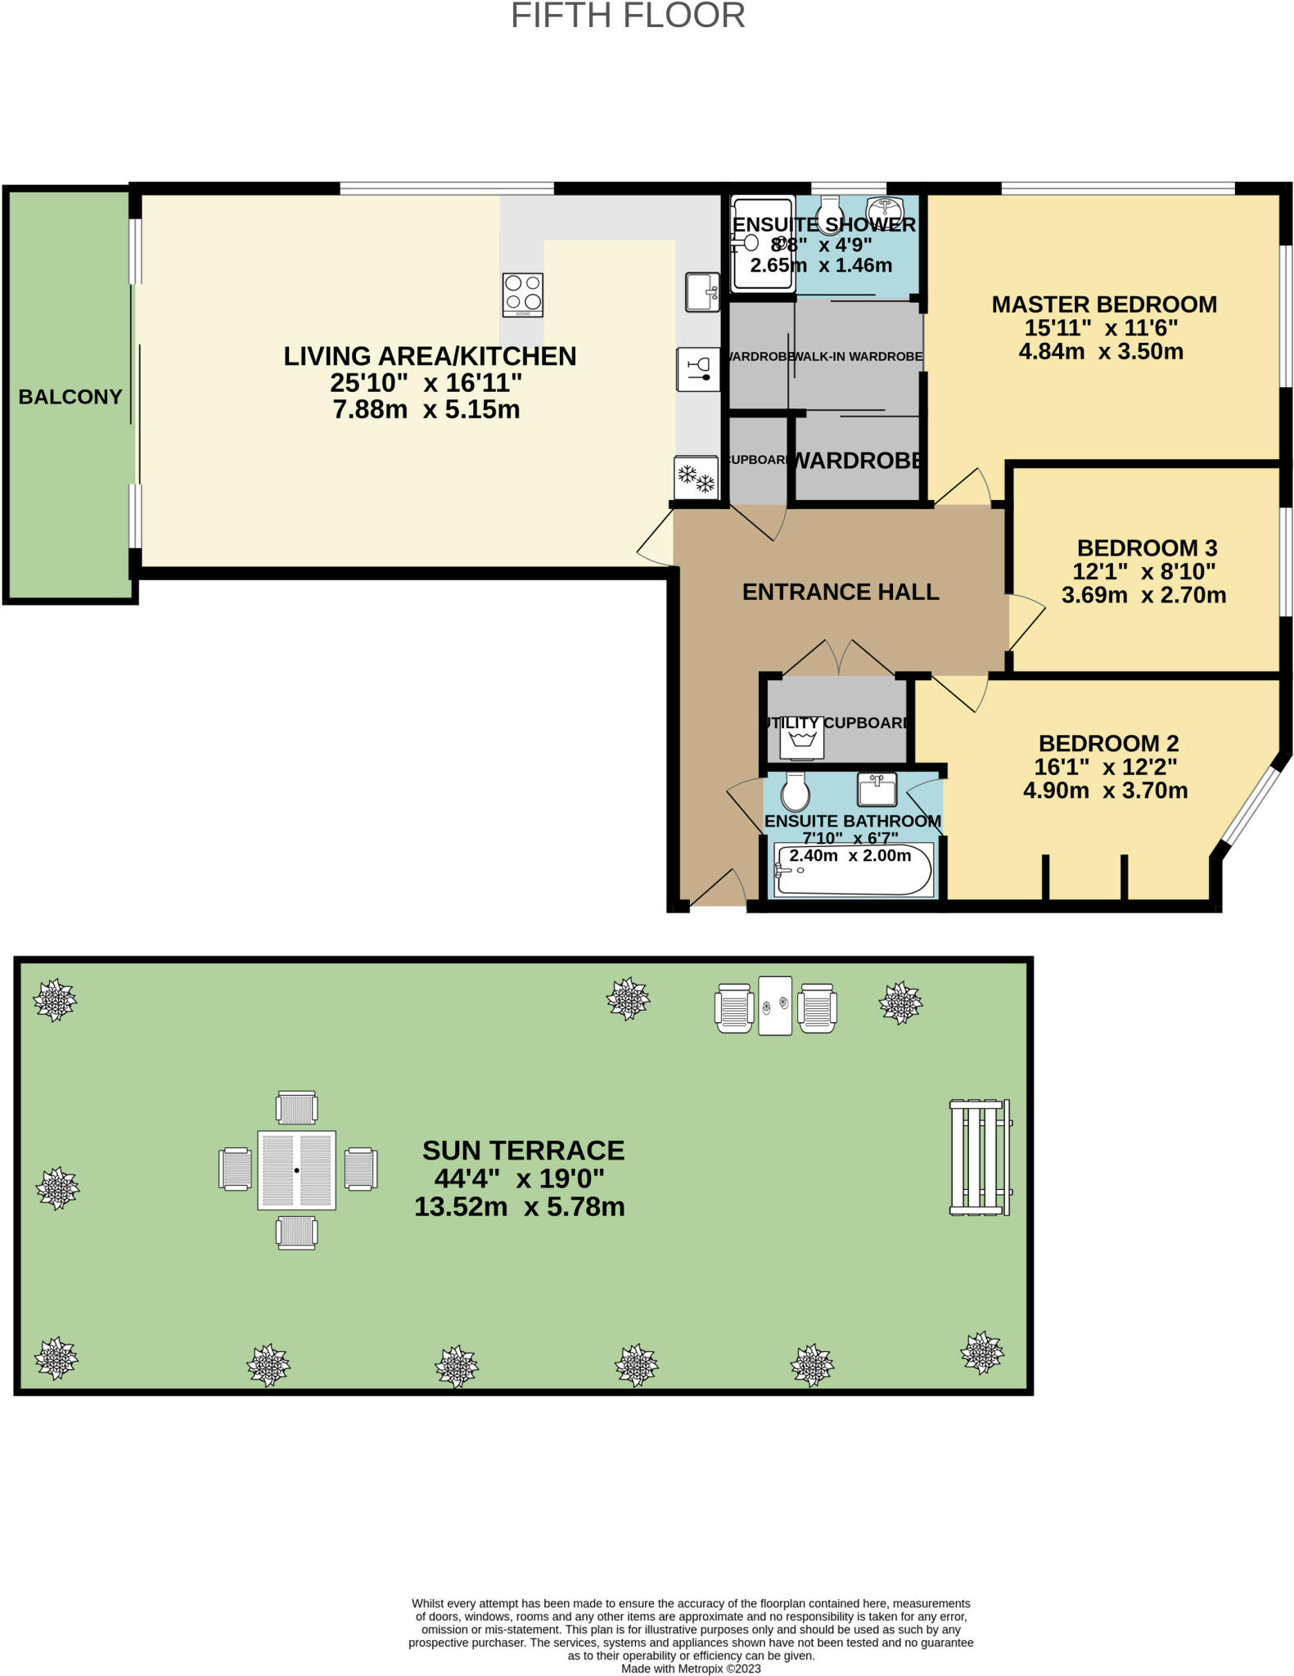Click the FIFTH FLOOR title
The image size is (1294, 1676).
(628, 16)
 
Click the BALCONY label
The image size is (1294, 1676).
(70, 397)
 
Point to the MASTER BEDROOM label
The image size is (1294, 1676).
(1103, 304)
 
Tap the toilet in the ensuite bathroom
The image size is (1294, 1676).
(795, 791)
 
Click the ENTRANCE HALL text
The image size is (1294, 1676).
(840, 592)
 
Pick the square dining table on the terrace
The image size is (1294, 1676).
(296, 1170)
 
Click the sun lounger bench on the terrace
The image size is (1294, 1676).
(980, 1157)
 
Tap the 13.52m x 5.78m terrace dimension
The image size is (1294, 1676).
(519, 1206)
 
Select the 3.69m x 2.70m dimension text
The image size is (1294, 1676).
(1143, 595)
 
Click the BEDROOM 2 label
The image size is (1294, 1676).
(1108, 743)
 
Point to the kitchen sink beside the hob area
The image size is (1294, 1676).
(702, 292)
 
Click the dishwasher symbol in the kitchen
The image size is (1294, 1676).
(698, 369)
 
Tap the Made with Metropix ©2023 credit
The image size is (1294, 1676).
(691, 1669)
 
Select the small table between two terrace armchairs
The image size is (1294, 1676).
(774, 1006)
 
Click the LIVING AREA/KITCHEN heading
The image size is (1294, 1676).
(430, 356)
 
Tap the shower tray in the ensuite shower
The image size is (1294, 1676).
(762, 242)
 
